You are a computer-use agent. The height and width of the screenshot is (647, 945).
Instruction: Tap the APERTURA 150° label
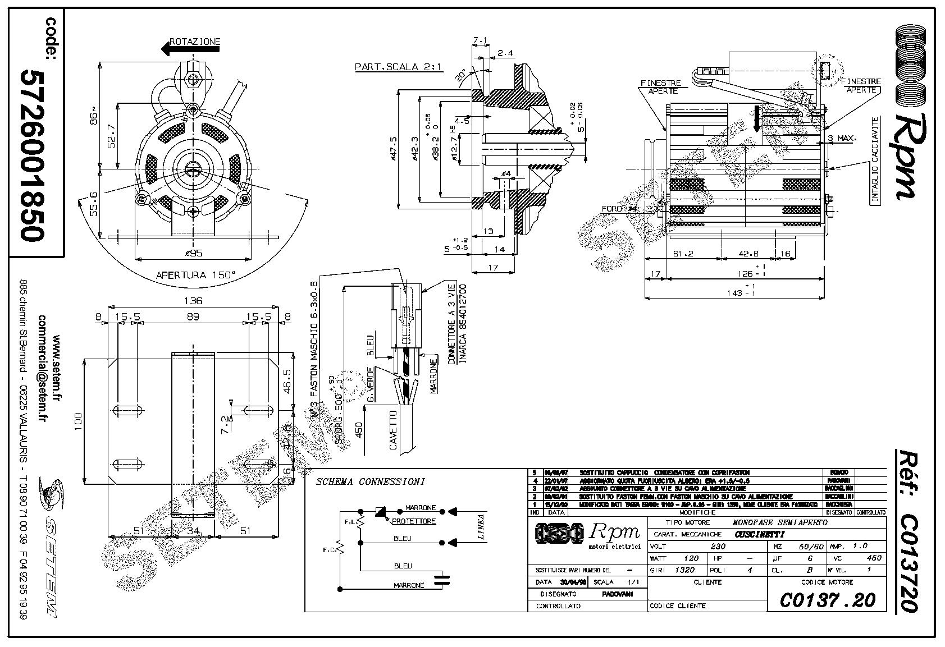[195, 275]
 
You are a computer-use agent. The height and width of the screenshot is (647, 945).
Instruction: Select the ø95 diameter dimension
[194, 253]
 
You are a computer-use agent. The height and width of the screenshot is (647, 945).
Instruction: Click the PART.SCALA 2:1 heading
[399, 67]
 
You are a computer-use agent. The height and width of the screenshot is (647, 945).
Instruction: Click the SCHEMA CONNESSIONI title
[371, 481]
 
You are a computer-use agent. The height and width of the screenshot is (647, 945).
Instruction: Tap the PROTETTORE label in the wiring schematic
[414, 521]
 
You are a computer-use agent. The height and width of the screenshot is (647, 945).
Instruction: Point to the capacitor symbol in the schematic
[445, 580]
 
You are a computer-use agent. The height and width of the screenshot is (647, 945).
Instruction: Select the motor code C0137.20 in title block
[827, 600]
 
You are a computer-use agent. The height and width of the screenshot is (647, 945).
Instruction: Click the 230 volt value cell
[718, 546]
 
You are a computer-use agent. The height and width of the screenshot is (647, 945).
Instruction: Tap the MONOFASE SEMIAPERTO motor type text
[780, 522]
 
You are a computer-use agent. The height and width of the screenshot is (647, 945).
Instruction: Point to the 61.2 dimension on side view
[683, 254]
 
